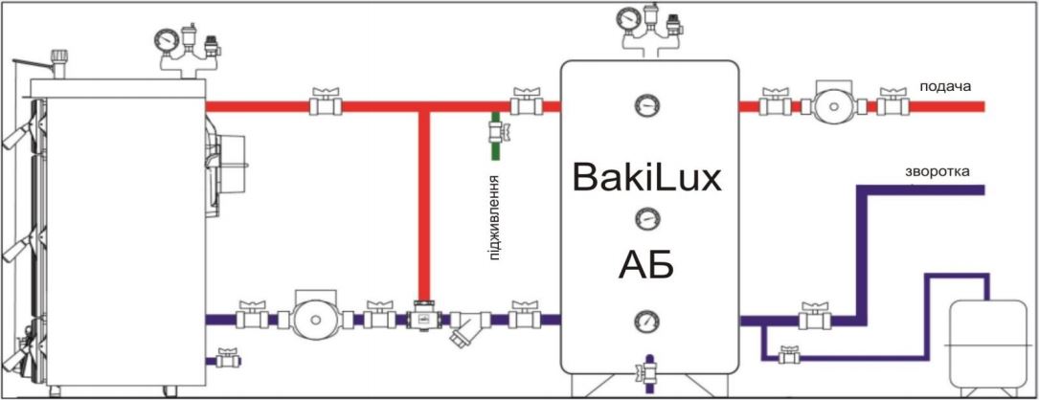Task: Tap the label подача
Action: click(x=945, y=87)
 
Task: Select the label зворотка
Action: click(x=937, y=172)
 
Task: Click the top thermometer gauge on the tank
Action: click(x=648, y=104)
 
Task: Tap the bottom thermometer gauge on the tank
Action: click(x=648, y=320)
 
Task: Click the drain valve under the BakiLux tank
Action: click(x=648, y=369)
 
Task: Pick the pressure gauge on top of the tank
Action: click(x=628, y=18)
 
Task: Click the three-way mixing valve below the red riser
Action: click(x=422, y=318)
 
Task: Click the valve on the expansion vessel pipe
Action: click(x=788, y=357)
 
